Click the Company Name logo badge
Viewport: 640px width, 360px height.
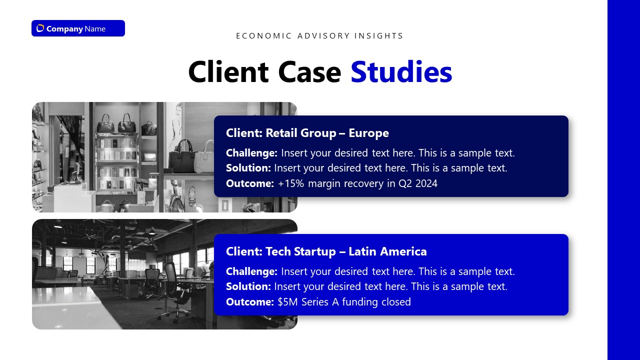click(78, 28)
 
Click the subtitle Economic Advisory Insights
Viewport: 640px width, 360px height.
click(319, 36)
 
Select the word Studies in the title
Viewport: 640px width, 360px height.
click(401, 71)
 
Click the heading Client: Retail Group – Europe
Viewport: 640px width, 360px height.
click(307, 133)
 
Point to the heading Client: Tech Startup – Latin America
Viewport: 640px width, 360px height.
click(326, 251)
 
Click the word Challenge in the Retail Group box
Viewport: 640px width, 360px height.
click(251, 153)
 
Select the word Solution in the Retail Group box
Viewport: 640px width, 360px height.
click(248, 168)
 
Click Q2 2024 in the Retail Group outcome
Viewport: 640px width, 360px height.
click(417, 183)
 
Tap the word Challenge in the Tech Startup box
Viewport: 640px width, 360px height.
click(251, 271)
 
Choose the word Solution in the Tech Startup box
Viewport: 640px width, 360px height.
click(248, 286)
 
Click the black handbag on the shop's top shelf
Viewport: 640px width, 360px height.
click(106, 122)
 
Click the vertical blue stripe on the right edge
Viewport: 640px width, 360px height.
click(623, 180)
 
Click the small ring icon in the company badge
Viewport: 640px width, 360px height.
click(40, 28)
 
